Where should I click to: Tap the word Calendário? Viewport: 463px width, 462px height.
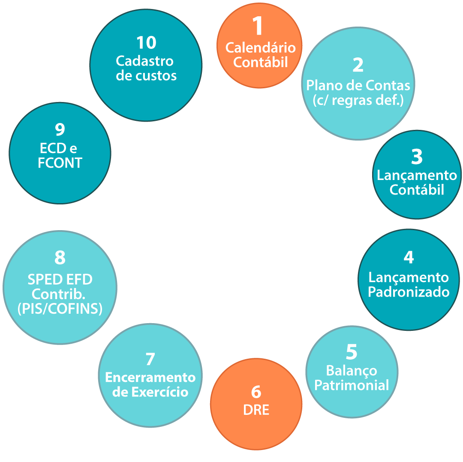point(261,47)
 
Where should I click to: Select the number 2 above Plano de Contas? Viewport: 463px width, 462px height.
point(358,65)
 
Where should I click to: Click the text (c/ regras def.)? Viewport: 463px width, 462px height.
point(358,100)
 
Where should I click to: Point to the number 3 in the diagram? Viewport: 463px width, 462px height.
point(417,157)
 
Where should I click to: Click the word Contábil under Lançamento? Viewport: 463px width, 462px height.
point(417,189)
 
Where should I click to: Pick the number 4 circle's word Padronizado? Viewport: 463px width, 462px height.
point(409,292)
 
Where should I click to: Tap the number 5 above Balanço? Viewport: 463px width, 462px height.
point(352,352)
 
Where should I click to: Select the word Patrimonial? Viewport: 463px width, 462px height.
point(352,385)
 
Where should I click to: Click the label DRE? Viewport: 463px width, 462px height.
point(256,410)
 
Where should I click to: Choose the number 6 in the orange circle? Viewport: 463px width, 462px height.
point(256,392)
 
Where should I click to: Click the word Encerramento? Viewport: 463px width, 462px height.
point(150,377)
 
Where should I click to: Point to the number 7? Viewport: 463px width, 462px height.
point(150,359)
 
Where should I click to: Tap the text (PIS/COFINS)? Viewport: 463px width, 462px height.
point(60,309)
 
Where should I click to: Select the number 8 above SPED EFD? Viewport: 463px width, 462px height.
point(60,258)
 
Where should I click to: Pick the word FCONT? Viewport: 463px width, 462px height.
point(60,163)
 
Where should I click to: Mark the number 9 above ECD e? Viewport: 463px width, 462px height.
point(60,129)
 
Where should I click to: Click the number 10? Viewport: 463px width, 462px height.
point(146,43)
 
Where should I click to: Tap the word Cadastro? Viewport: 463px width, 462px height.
point(144,61)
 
